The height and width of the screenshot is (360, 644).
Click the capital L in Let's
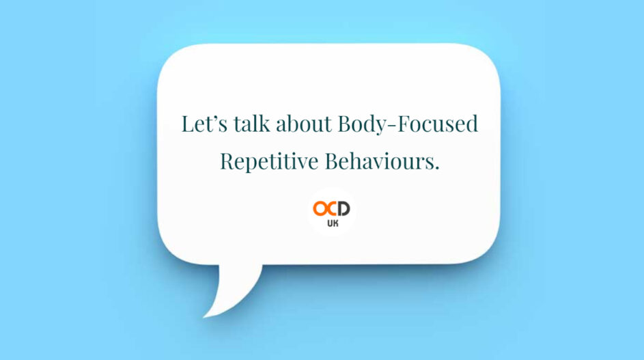point(187,125)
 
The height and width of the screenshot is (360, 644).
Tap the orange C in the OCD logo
point(333,207)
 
